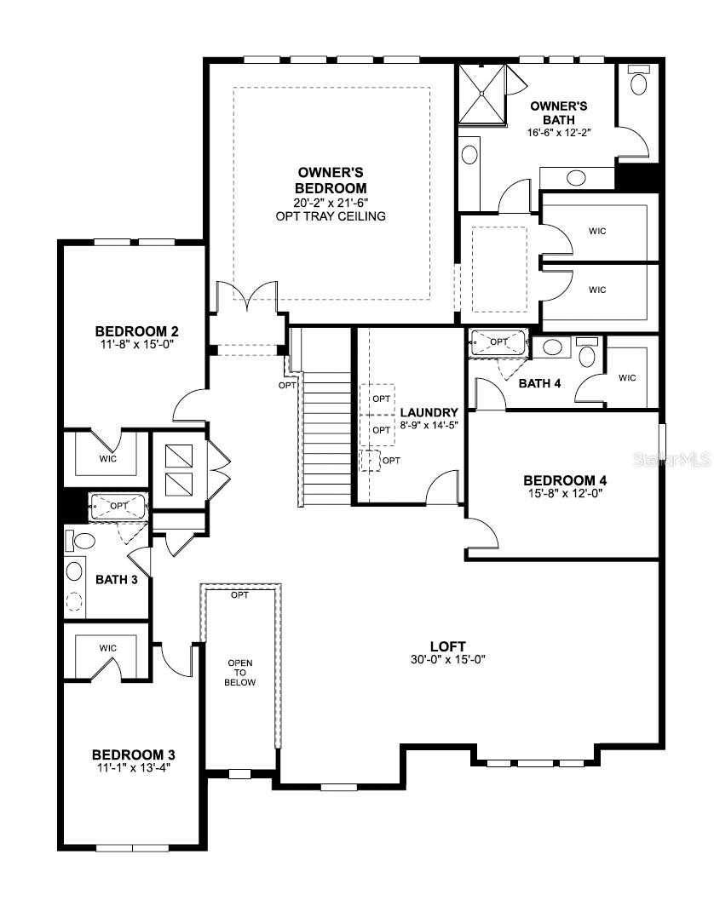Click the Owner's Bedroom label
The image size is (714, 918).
(331, 180)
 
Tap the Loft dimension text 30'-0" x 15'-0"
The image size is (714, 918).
(446, 659)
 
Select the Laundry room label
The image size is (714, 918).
(429, 412)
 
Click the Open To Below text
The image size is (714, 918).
(239, 672)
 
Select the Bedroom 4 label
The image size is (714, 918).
(565, 480)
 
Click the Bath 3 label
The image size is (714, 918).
(112, 580)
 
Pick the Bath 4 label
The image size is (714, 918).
(539, 383)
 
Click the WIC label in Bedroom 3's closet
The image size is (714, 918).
(107, 648)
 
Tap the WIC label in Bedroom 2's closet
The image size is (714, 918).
(107, 459)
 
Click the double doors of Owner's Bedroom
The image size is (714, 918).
(246, 296)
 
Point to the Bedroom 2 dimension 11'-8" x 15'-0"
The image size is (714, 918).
(136, 345)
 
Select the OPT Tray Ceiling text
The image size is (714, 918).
(331, 216)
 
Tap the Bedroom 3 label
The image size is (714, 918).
(134, 754)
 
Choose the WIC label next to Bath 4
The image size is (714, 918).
(627, 377)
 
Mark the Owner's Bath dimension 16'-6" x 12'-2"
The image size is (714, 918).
(559, 132)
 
